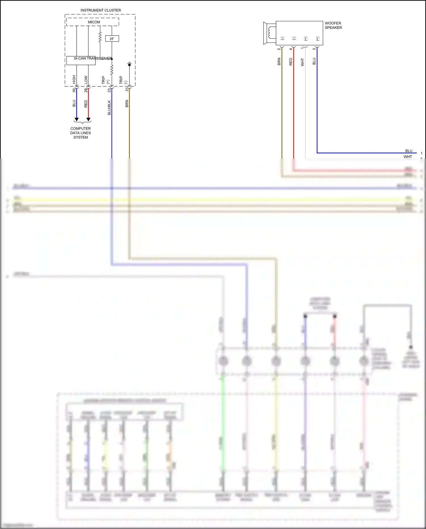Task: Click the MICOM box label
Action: click(x=94, y=22)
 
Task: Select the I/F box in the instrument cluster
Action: click(x=112, y=39)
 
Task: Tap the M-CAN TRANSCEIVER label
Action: click(x=93, y=58)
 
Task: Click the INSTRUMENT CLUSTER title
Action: click(x=101, y=10)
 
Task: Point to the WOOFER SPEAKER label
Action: click(x=333, y=25)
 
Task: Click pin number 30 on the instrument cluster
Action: click(x=74, y=90)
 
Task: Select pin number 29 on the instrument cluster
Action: click(x=86, y=90)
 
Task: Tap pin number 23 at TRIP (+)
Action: click(x=109, y=90)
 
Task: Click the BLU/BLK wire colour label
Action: click(x=109, y=107)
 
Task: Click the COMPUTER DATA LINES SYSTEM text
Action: click(x=81, y=133)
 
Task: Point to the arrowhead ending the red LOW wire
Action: click(x=88, y=119)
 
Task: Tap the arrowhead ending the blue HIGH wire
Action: click(x=76, y=119)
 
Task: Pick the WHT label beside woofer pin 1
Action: click(x=302, y=62)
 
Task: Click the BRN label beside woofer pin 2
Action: click(x=279, y=62)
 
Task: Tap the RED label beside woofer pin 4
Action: click(x=291, y=62)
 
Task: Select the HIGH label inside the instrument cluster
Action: click(x=74, y=79)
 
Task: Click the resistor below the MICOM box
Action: click(x=100, y=37)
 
